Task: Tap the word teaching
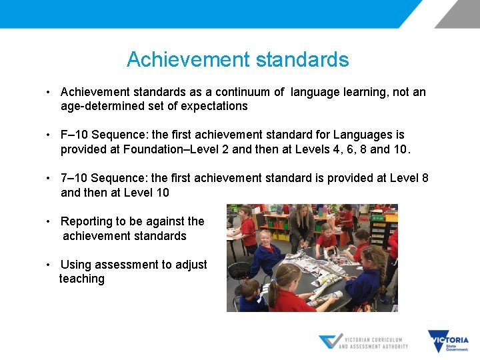(82, 279)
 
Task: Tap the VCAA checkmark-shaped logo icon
(330, 341)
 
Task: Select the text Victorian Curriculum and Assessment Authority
(373, 342)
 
